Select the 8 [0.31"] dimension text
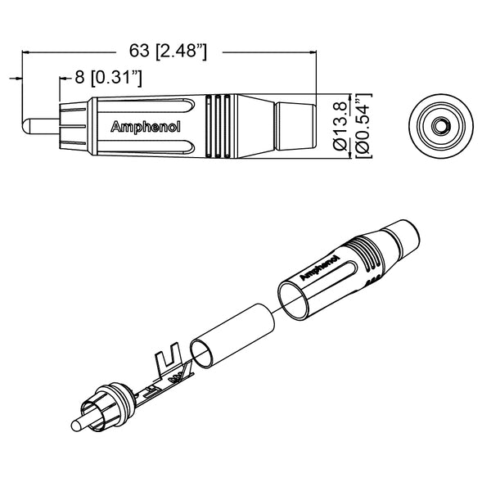(x=109, y=79)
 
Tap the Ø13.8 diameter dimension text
(x=340, y=123)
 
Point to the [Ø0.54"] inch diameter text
(x=363, y=123)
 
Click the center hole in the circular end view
(x=440, y=125)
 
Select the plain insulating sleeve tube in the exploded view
(x=233, y=333)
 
